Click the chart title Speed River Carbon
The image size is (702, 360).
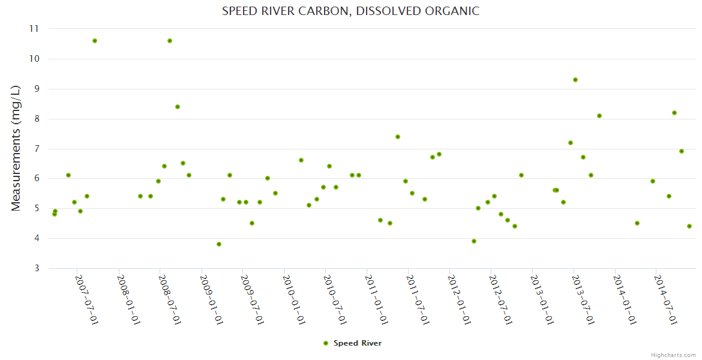pyautogui.click(x=350, y=11)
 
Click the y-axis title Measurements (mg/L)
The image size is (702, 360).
pyautogui.click(x=16, y=148)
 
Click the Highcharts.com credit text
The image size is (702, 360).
pyautogui.click(x=673, y=355)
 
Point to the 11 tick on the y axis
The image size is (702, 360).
pyautogui.click(x=34, y=29)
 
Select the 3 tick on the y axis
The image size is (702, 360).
pyautogui.click(x=35, y=268)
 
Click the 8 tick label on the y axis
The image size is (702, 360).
pyautogui.click(x=35, y=119)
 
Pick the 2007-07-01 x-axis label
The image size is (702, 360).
pyautogui.click(x=86, y=299)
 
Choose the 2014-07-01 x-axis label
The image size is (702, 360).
pyautogui.click(x=665, y=299)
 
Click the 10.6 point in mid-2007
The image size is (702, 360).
pyautogui.click(x=95, y=41)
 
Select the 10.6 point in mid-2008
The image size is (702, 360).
pyautogui.click(x=170, y=41)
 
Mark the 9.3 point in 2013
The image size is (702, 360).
pyautogui.click(x=575, y=80)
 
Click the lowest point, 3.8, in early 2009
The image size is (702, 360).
pyautogui.click(x=219, y=244)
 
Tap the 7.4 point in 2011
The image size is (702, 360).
pyautogui.click(x=398, y=137)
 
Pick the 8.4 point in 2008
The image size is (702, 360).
pyautogui.click(x=178, y=107)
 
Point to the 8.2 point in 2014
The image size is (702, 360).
pyautogui.click(x=674, y=113)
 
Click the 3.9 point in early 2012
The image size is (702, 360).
pyautogui.click(x=474, y=241)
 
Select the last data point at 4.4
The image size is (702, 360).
pyautogui.click(x=689, y=226)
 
